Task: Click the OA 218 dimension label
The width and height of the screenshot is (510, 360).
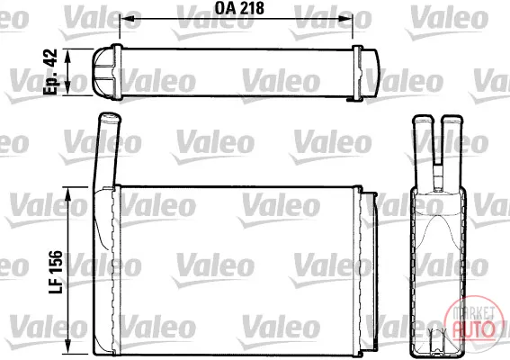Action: click(239, 8)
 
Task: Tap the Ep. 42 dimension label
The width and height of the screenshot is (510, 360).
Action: click(50, 72)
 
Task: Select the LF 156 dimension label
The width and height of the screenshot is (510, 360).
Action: click(55, 272)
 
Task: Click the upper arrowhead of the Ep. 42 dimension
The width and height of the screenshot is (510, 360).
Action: click(67, 57)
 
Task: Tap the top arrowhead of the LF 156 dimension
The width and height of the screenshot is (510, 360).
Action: click(68, 195)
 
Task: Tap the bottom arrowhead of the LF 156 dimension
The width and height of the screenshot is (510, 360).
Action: click(68, 346)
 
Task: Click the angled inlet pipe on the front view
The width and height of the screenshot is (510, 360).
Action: click(107, 150)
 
